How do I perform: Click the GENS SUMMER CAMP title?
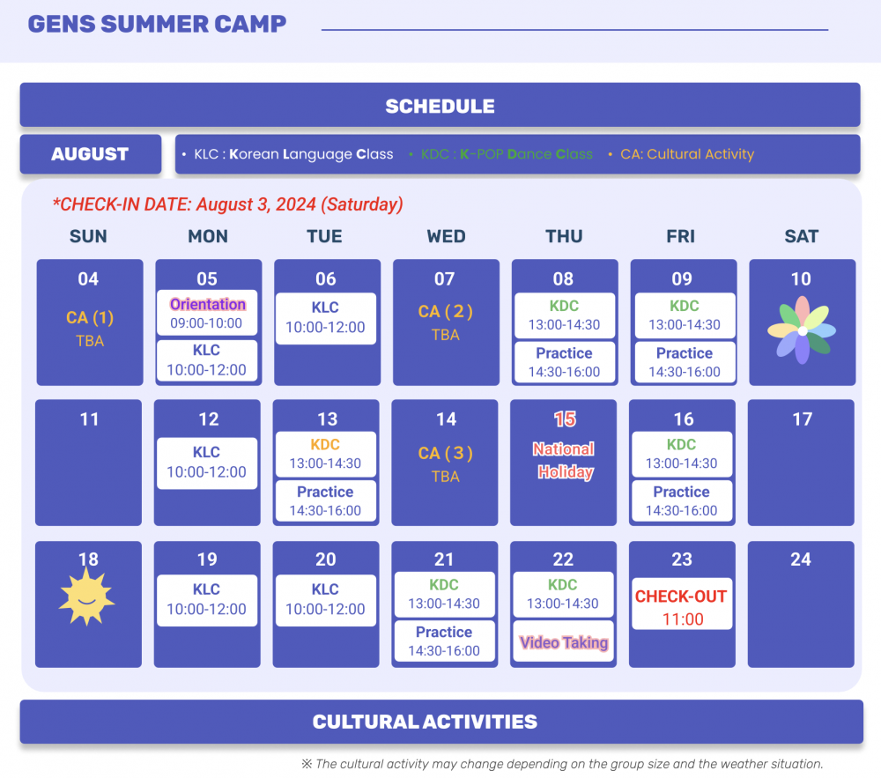[158, 24]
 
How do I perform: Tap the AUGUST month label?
[90, 154]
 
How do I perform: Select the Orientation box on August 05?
[207, 313]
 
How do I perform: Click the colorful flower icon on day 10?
[802, 330]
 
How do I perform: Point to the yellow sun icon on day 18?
[86, 596]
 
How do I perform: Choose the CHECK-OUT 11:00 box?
[682, 604]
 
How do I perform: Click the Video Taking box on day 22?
[564, 641]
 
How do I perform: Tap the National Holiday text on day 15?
[564, 461]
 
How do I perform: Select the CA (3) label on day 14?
[446, 453]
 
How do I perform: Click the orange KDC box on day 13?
[326, 454]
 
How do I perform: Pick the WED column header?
[446, 236]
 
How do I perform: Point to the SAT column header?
[802, 236]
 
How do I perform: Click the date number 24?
[801, 559]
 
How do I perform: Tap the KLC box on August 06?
[326, 318]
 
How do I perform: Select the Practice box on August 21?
[444, 641]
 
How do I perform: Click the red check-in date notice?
[227, 204]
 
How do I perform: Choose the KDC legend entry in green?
[500, 154]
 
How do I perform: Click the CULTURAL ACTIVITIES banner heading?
[425, 722]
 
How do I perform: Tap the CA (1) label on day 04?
[90, 318]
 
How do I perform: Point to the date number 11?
[89, 419]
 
